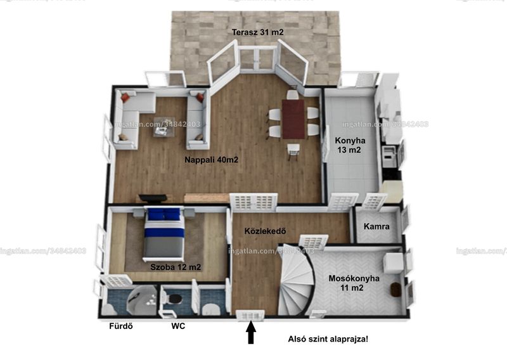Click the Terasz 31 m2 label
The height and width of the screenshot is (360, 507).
[258, 32]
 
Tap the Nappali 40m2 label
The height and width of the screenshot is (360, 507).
[212, 160]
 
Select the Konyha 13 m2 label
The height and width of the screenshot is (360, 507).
[350, 145]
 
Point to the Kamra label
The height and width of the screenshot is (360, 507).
[376, 226]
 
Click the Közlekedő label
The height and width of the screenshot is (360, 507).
[265, 231]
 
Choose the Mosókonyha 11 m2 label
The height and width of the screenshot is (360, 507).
[354, 283]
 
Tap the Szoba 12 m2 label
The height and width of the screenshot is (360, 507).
[176, 267]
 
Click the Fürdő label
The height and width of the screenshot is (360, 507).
[121, 326]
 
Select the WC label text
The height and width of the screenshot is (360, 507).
[178, 326]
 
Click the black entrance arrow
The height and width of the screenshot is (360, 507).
[251, 332]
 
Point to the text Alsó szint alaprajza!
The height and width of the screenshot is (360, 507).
[328, 339]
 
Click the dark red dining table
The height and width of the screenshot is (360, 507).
[293, 119]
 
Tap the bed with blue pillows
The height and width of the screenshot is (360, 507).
[164, 233]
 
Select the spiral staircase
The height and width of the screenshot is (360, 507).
[296, 280]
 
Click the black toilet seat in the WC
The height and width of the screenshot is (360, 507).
[175, 299]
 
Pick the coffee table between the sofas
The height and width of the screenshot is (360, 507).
[164, 127]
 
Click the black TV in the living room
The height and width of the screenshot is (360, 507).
[153, 198]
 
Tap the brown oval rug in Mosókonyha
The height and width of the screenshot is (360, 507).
[395, 290]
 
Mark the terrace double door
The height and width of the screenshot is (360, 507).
[258, 58]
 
